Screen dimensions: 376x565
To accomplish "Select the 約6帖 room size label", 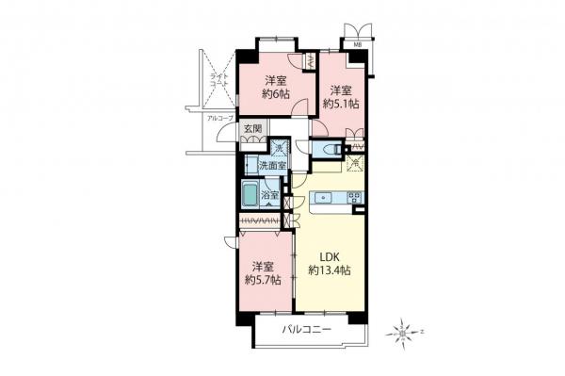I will pos(274,93).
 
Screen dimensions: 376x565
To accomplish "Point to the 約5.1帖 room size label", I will pos(340,104).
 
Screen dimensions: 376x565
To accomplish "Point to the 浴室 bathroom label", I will pos(270,196).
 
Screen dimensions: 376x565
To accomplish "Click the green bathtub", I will pos(249,196).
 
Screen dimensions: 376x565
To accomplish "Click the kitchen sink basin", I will pos(323,198).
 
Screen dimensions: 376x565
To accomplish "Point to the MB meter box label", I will pos(358,45).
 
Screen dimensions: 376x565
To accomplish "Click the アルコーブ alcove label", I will pos(219,118).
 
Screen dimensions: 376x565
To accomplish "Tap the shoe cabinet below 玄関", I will pos(252,139).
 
